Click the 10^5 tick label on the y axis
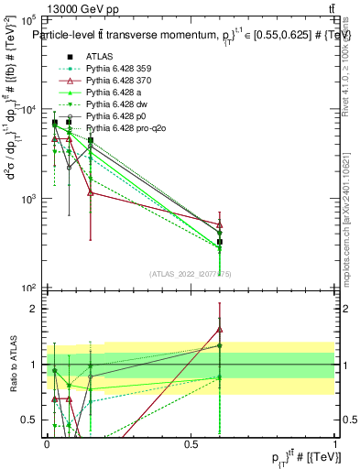pyautogui.click(x=28, y=19)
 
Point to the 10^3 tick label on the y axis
pyautogui.click(x=28, y=199)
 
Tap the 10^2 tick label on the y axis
pyautogui.click(x=28, y=288)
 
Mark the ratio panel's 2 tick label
pyautogui.click(x=35, y=309)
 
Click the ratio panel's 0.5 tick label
pyautogui.click(x=31, y=420)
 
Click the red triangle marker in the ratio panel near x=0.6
pyautogui.click(x=220, y=329)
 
